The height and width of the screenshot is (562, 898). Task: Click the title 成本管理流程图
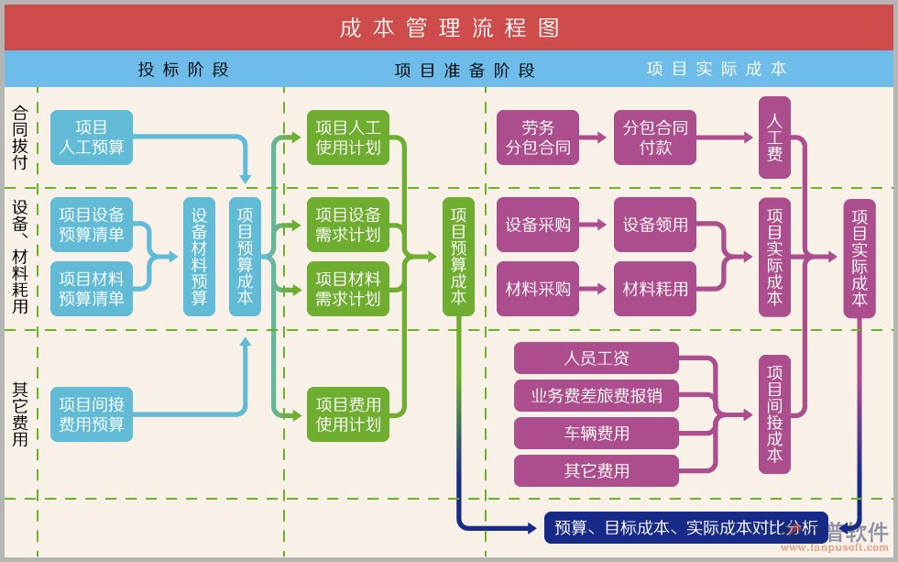(449, 28)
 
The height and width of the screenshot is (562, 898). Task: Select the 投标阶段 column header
(183, 70)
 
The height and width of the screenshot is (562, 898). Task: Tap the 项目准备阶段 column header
(465, 71)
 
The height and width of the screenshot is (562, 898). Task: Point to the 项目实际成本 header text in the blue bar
(716, 69)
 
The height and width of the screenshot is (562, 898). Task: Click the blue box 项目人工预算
(92, 138)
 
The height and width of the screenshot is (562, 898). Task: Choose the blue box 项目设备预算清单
(92, 225)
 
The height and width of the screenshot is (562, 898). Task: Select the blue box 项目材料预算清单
(92, 288)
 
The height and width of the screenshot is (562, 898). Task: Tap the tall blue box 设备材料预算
(199, 257)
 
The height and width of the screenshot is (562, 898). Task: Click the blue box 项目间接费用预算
(92, 413)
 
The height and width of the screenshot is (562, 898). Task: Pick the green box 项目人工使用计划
(347, 138)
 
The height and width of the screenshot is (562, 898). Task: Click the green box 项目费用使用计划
(347, 413)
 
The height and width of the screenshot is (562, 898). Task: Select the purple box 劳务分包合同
(538, 138)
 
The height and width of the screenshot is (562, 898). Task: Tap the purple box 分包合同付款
(655, 138)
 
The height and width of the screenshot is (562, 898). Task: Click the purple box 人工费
(774, 138)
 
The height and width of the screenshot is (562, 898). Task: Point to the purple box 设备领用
(655, 225)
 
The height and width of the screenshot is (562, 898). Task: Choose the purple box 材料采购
(538, 289)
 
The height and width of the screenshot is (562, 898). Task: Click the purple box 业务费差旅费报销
(597, 396)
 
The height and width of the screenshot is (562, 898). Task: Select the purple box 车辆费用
(597, 434)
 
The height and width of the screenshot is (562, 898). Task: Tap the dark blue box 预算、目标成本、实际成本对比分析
(685, 527)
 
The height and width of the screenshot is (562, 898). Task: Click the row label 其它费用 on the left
(20, 413)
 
